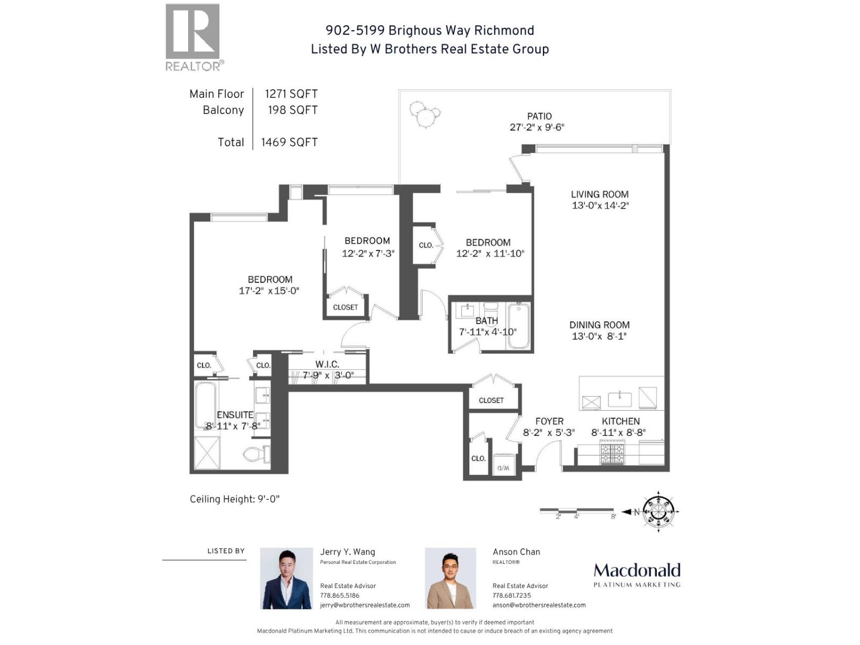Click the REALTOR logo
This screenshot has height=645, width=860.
(192, 38)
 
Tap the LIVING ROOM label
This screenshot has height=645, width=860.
(599, 195)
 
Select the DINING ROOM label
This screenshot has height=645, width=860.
(599, 325)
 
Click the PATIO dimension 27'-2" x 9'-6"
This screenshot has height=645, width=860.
(537, 127)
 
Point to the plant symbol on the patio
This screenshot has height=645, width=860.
(425, 114)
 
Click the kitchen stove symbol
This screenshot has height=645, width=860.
(613, 452)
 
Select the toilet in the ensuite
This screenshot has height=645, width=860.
(257, 454)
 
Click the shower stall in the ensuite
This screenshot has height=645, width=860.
(207, 454)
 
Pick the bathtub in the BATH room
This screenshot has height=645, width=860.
(519, 326)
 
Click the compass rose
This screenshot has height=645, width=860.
(658, 511)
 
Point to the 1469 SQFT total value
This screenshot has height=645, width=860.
(289, 142)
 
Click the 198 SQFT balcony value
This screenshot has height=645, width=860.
(292, 110)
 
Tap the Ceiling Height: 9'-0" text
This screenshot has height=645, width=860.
(234, 499)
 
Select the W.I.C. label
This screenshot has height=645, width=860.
(327, 364)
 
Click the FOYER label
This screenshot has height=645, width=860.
(549, 421)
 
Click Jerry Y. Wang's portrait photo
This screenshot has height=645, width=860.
(286, 578)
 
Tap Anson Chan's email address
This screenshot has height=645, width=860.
(539, 605)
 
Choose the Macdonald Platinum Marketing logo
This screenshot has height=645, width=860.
(637, 575)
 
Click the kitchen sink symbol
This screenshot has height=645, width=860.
(620, 399)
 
